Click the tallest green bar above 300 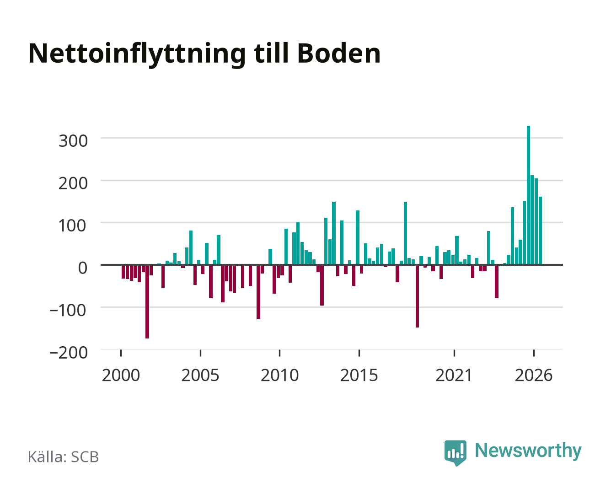point(528,195)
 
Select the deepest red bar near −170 point(147,301)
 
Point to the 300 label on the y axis point(73,141)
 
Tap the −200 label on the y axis point(69,353)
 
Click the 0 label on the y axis point(83,268)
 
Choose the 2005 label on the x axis point(200,375)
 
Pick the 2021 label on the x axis point(454,375)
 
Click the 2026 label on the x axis point(534,375)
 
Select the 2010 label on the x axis point(280,375)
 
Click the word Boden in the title point(339,54)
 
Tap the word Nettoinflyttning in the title point(137,55)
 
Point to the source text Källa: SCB point(63,456)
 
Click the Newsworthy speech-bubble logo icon point(455,452)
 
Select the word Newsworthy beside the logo point(528,451)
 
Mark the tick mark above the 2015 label point(359,353)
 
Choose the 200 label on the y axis point(73,183)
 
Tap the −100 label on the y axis point(68,311)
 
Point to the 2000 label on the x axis point(121,375)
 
